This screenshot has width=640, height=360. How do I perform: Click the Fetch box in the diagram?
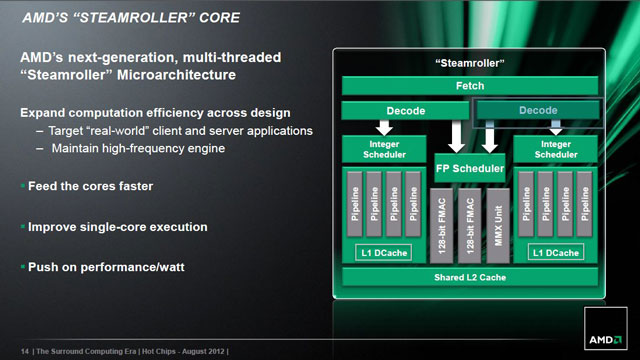470,86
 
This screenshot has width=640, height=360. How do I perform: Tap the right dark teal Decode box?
536,110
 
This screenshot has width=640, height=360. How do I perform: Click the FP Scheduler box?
470,167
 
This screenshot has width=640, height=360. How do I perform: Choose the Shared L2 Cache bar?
470,275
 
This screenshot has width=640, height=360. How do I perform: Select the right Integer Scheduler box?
555,151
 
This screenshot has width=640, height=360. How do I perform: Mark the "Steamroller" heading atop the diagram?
470,63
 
